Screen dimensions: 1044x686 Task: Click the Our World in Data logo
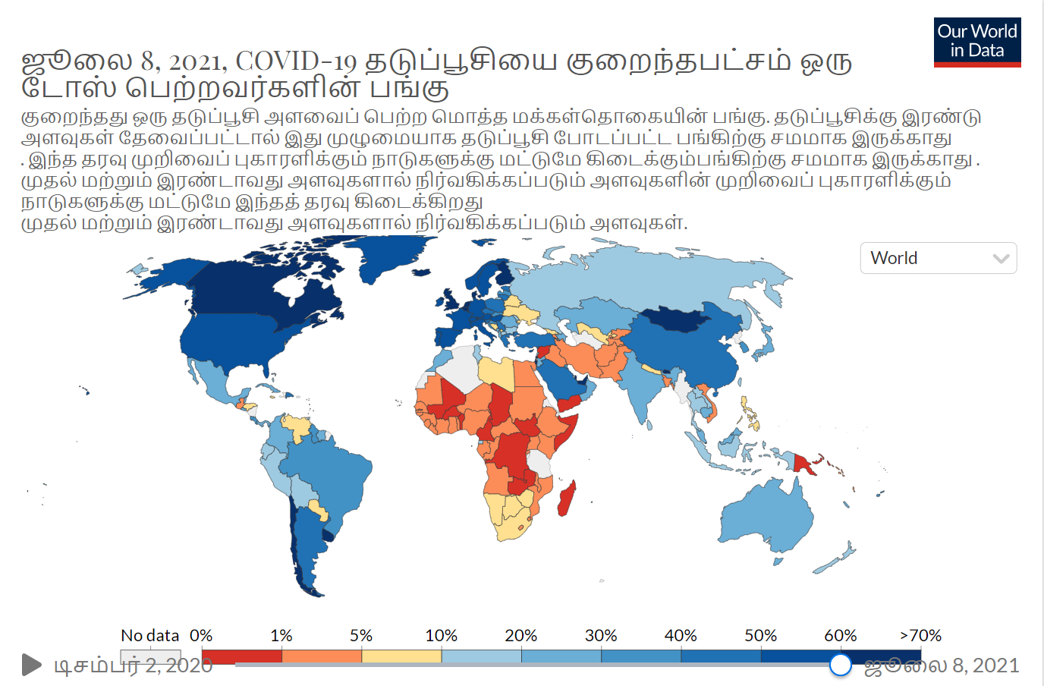977,42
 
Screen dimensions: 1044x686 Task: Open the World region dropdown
939,258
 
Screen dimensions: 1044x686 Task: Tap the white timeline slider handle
841,665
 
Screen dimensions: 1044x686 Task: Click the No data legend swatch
150,656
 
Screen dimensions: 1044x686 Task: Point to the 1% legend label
281,636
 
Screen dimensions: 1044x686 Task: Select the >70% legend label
920,636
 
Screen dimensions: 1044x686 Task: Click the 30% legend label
601,636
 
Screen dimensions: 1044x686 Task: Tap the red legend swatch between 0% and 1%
242,656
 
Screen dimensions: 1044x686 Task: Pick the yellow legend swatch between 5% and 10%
402,656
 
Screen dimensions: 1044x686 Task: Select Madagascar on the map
567,499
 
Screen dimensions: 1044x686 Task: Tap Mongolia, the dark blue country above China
676,319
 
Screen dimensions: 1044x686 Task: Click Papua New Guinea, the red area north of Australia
803,464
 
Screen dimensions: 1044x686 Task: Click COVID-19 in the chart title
296,61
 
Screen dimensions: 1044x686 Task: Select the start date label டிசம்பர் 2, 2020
134,666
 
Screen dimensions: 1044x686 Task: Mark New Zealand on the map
835,559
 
